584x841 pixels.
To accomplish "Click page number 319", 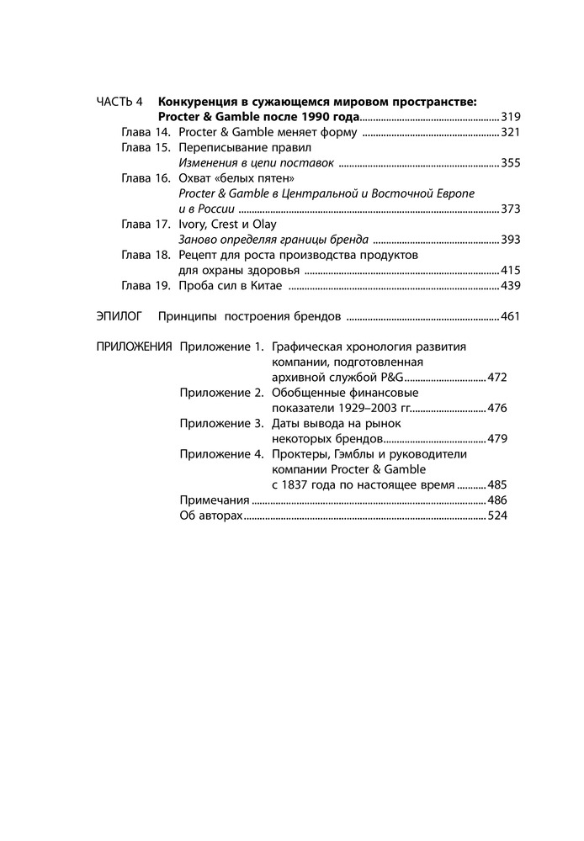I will tap(512, 118).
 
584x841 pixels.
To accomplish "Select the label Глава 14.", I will tap(146, 133).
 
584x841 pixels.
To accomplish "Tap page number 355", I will tap(512, 163).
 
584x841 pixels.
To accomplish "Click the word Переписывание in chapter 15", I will tap(220, 148).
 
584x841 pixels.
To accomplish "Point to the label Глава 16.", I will tap(146, 178).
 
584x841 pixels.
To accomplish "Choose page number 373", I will tap(512, 209).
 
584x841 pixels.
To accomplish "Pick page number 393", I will tap(512, 240).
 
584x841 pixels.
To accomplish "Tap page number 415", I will tap(512, 270).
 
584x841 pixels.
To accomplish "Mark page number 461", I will tap(512, 317).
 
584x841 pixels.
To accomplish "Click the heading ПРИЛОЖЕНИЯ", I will tap(135, 346).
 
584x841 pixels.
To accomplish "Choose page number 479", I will tap(499, 438).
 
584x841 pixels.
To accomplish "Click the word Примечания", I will tap(215, 500).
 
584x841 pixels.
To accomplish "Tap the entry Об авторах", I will tap(210, 515).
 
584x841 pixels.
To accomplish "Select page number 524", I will tap(499, 515).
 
